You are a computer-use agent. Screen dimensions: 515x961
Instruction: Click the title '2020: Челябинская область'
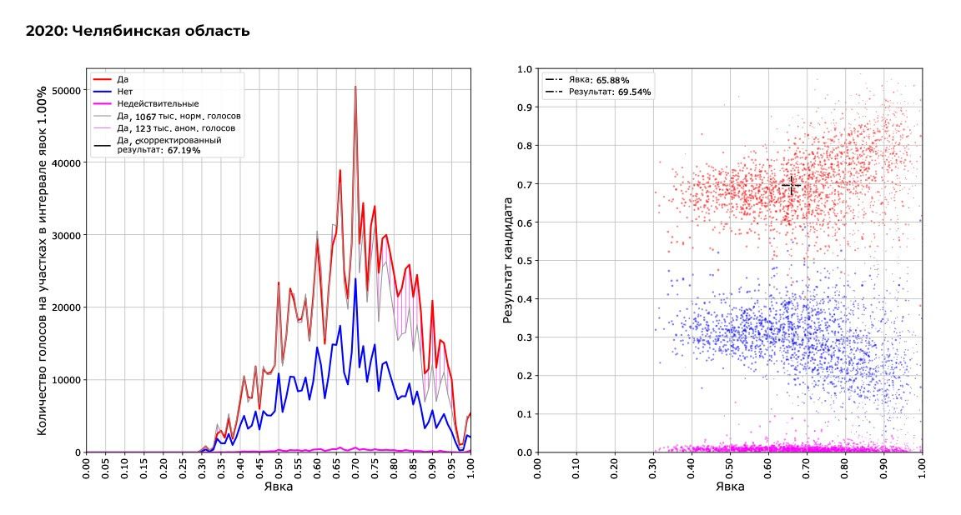pyautogui.click(x=138, y=32)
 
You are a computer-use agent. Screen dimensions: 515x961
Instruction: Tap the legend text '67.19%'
pyautogui.click(x=184, y=151)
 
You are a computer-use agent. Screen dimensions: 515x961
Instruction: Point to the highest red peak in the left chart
pyautogui.click(x=355, y=87)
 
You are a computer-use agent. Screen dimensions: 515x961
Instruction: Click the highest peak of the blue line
pyautogui.click(x=355, y=278)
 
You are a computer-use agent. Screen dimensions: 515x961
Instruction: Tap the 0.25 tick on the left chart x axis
pyautogui.click(x=183, y=469)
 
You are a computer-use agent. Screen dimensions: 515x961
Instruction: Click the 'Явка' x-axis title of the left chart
pyautogui.click(x=278, y=487)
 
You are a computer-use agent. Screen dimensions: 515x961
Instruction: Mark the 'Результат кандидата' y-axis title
pyautogui.click(x=507, y=261)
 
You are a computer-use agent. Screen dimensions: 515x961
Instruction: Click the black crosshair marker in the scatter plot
pyautogui.click(x=791, y=185)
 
